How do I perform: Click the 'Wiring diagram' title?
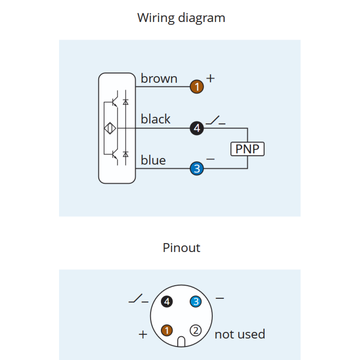[x=181, y=18]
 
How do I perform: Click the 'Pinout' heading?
[x=181, y=248]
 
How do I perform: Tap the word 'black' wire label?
[x=156, y=119]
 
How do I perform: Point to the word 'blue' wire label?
[x=153, y=160]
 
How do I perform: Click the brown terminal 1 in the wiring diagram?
[x=197, y=87]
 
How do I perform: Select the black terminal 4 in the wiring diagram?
[x=197, y=128]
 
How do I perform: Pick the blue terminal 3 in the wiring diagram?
[x=197, y=168]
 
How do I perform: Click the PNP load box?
[x=248, y=149]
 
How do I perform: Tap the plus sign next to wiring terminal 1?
[x=210, y=78]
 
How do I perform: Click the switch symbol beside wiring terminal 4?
[x=215, y=120]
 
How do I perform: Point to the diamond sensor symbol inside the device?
[x=110, y=128]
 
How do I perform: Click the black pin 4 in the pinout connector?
[x=167, y=301]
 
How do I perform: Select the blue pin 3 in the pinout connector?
[x=195, y=301]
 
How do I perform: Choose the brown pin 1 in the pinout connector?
[x=167, y=330]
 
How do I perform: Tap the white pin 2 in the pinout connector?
[x=195, y=330]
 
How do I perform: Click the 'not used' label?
[x=240, y=334]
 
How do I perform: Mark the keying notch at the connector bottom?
[x=181, y=342]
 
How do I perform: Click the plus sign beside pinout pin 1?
[x=143, y=334]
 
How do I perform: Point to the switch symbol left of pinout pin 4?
[x=139, y=298]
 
